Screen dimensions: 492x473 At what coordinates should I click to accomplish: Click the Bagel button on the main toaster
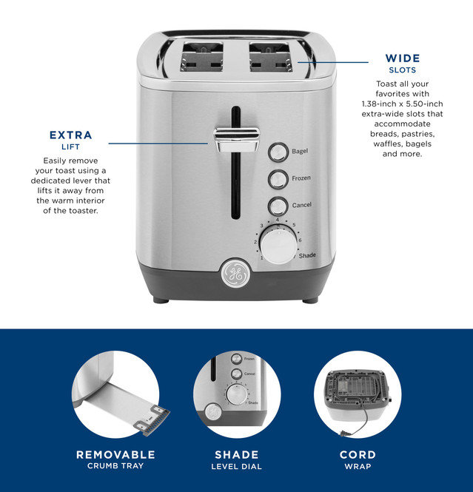point(278,152)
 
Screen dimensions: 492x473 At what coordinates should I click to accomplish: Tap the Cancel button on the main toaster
point(278,206)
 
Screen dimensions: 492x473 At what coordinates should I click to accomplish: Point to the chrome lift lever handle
point(237,135)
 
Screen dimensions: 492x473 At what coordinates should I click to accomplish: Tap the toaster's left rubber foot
point(161,300)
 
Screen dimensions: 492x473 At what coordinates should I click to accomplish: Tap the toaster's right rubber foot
point(310,300)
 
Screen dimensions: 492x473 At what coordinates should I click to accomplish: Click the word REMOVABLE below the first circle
point(115,455)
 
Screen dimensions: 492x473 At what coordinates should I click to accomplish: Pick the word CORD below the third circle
point(358,455)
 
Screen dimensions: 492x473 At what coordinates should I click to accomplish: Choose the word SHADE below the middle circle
point(237,455)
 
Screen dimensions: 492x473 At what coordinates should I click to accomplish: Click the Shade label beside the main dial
point(307,256)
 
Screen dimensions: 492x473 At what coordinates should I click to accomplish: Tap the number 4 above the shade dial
point(277,220)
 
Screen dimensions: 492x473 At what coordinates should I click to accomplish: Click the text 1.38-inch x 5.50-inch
point(401,105)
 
